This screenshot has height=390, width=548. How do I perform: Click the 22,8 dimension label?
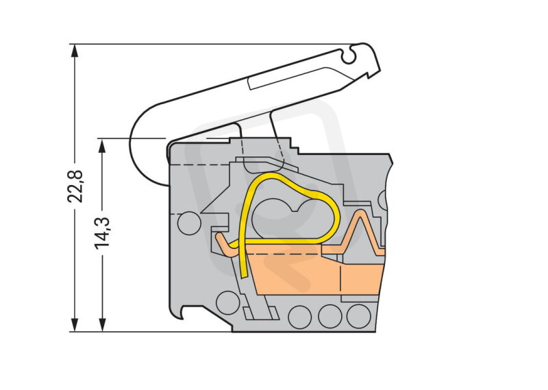[75, 186]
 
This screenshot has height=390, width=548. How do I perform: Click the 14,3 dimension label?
[102, 233]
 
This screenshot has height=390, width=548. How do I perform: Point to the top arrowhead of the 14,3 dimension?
[102, 145]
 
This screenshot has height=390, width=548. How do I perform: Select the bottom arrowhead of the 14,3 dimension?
[102, 325]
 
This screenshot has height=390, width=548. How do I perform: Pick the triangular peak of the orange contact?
[360, 214]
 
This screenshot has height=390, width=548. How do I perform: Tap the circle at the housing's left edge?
[189, 223]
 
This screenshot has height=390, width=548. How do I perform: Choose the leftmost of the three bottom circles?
[300, 317]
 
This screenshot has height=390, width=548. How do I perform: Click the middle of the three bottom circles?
[329, 317]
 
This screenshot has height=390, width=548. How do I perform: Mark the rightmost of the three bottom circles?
[358, 316]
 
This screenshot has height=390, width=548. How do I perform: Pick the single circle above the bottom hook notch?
[228, 303]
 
